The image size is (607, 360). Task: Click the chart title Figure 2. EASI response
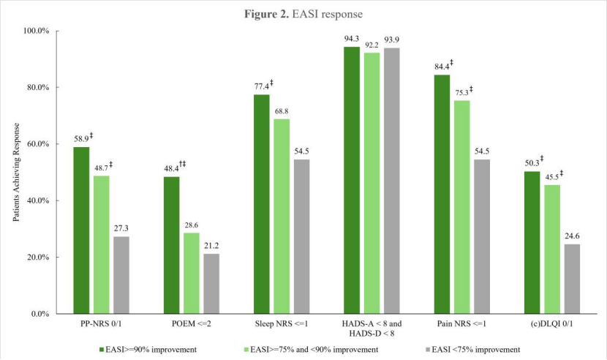pos(303,13)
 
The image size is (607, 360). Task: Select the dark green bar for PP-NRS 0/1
pos(81,230)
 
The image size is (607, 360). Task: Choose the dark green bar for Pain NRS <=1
pos(442,194)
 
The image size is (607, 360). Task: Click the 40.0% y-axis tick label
pos(38,200)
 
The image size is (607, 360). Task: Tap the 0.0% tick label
pos(40,314)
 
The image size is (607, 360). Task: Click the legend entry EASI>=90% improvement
pos(151,349)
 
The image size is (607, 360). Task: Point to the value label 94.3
pos(352,39)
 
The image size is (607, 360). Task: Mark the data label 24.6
pos(573,236)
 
